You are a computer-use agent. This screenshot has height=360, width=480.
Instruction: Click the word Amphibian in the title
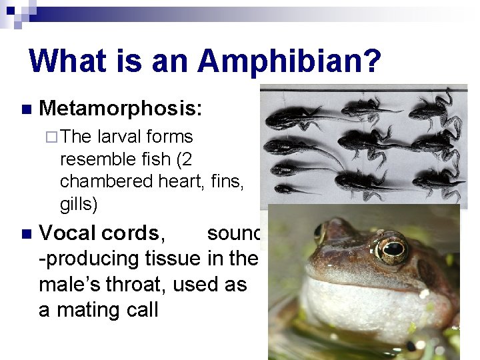click(289, 61)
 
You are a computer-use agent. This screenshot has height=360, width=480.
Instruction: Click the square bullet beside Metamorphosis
click(25, 109)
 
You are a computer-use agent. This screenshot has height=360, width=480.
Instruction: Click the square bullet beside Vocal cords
click(25, 234)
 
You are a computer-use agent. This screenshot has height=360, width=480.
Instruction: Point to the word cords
click(130, 233)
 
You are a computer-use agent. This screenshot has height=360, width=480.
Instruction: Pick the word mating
click(86, 310)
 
